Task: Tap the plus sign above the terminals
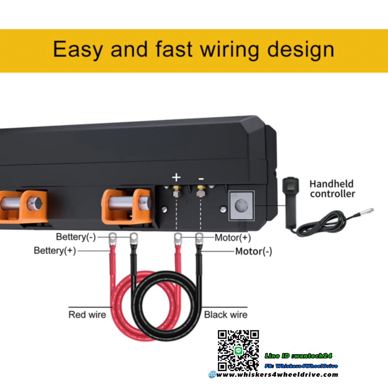pyautogui.click(x=177, y=178)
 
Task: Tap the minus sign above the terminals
pyautogui.click(x=201, y=178)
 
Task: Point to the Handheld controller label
pyautogui.click(x=332, y=189)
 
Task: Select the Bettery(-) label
pyautogui.click(x=76, y=237)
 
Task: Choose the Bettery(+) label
pyautogui.click(x=55, y=251)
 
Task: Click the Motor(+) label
pyautogui.click(x=233, y=237)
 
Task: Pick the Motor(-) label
pyautogui.click(x=254, y=251)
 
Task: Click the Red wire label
pyautogui.click(x=87, y=314)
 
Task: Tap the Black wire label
pyautogui.click(x=226, y=314)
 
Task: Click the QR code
pyautogui.click(x=238, y=350)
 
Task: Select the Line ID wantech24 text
pyautogui.click(x=298, y=356)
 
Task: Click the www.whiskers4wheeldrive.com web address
pyautogui.click(x=276, y=374)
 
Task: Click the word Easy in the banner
pyautogui.click(x=78, y=50)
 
